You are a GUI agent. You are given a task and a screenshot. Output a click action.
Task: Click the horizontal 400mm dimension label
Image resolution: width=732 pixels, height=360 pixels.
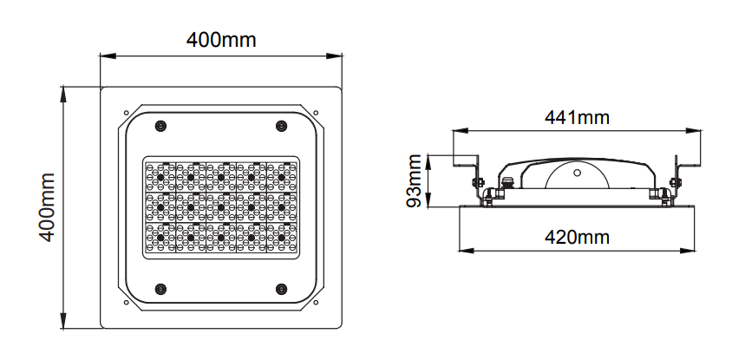[221, 40]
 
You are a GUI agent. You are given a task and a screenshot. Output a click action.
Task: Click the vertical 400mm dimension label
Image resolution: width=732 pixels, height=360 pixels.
[47, 207]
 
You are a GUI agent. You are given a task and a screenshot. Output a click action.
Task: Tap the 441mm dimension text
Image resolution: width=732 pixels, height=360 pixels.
[577, 117]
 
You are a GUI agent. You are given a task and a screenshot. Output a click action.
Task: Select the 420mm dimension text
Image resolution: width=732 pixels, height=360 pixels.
[577, 237]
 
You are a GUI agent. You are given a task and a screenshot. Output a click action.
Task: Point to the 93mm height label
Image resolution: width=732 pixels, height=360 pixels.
[414, 180]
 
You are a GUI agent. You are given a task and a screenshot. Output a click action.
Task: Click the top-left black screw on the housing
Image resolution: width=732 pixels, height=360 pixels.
[160, 126]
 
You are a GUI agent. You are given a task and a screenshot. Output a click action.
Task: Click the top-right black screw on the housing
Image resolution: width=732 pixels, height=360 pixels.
[281, 126]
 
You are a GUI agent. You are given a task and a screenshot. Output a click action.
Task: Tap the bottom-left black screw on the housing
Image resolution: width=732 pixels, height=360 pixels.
[160, 289]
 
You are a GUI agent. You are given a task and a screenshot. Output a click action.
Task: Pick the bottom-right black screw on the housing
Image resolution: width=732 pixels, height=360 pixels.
[281, 289]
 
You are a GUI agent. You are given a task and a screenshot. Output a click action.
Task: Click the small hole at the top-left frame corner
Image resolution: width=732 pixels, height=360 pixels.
[126, 113]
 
